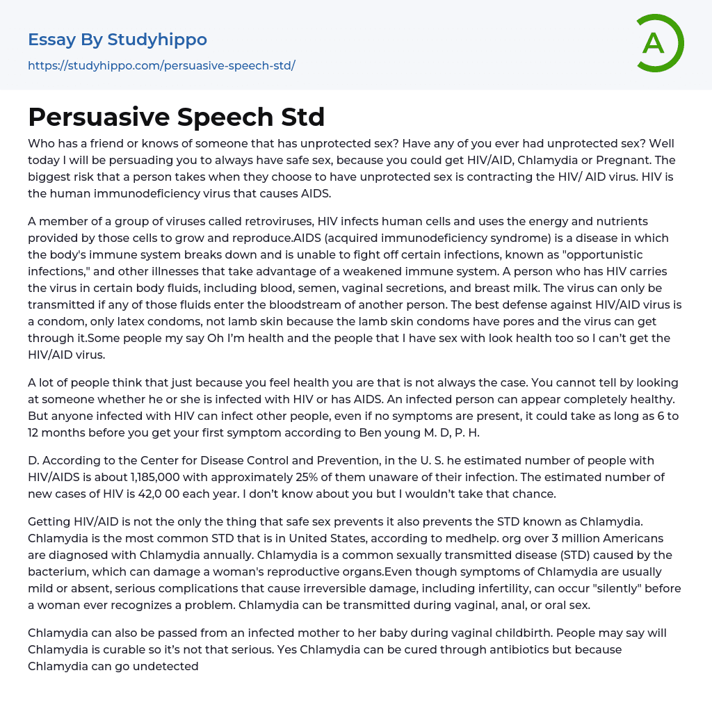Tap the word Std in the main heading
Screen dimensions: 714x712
[x=304, y=117]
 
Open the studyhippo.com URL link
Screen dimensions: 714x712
[x=161, y=66]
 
